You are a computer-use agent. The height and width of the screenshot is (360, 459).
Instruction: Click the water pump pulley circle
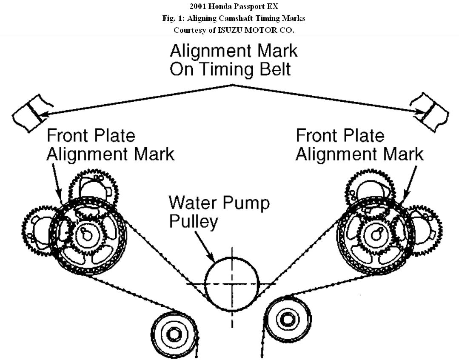[232, 284]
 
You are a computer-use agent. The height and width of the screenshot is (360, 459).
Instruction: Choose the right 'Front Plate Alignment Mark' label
[359, 145]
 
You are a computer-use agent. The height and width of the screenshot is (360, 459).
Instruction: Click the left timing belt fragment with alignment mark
[32, 113]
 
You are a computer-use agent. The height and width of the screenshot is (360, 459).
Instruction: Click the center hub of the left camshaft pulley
[87, 235]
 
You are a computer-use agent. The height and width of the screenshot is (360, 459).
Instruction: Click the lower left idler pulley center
[173, 334]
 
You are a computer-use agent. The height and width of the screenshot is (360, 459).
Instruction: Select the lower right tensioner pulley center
[284, 317]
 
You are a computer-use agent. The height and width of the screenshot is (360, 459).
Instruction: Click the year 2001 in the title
[198, 6]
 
